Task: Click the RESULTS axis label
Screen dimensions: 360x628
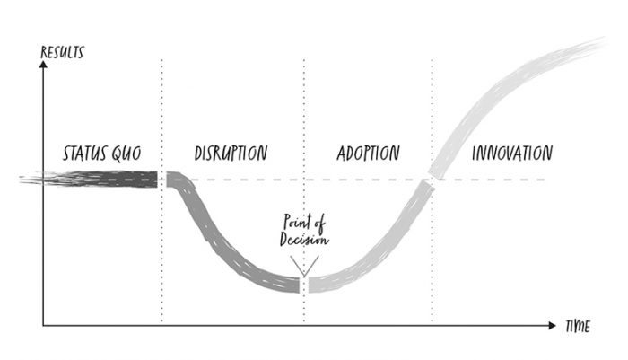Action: coord(62,51)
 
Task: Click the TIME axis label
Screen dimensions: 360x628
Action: coord(577,328)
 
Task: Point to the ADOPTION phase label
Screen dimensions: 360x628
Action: coord(368,153)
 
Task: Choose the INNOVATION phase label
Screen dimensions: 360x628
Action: coord(511,153)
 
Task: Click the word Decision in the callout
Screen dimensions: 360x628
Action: coord(305,240)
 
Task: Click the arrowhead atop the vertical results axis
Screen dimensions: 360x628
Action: coord(42,66)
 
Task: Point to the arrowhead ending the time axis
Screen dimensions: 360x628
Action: coord(552,321)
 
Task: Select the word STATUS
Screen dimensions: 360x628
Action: coord(84,153)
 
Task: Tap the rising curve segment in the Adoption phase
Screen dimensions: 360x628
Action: coord(377,251)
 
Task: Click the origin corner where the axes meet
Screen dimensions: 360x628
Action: coord(42,321)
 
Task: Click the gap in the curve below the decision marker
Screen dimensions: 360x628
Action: coord(304,285)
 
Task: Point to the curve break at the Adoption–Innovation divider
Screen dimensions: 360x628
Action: coord(432,180)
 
